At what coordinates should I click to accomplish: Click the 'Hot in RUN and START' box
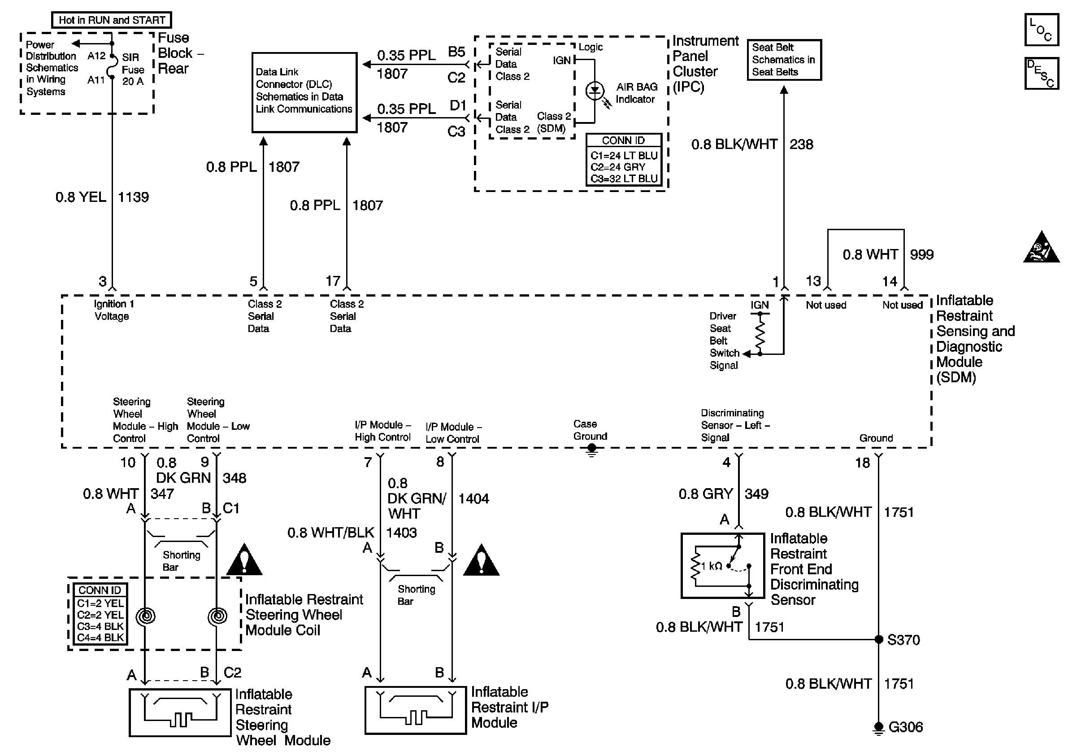pos(112,20)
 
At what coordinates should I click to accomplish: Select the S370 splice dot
pos(878,639)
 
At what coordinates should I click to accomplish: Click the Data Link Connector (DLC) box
pos(304,92)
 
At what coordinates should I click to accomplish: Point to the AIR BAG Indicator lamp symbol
pos(595,91)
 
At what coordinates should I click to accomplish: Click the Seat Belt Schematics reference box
pos(784,60)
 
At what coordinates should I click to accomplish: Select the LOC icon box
pos(1041,30)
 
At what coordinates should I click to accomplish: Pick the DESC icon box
pos(1041,73)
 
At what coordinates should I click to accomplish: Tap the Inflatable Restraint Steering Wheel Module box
pos(180,712)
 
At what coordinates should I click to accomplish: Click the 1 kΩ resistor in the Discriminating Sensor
pos(695,566)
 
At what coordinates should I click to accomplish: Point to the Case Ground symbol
pos(592,450)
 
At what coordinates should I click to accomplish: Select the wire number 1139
pos(133,197)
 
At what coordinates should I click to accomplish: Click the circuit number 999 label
pos(922,255)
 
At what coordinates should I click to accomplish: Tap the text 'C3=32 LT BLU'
pos(624,179)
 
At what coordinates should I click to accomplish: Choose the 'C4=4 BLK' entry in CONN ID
pos(100,638)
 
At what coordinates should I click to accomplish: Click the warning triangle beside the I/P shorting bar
pos(481,561)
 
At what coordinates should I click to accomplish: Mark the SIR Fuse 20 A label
pos(133,70)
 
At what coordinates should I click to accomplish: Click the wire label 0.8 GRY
pos(705,494)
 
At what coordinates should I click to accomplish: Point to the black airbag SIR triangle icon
pos(1041,247)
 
